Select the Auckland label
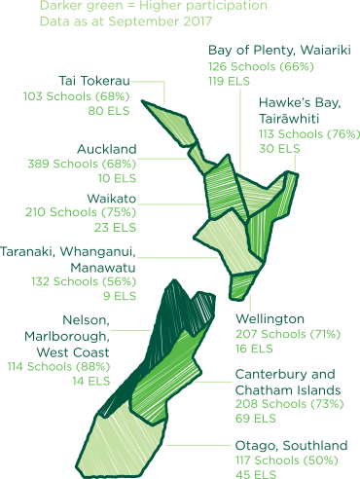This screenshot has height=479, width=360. click(x=107, y=149)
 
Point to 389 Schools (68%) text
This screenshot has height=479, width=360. click(x=83, y=164)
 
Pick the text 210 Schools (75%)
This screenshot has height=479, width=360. click(x=83, y=212)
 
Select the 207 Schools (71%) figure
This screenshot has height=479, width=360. click(x=287, y=333)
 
